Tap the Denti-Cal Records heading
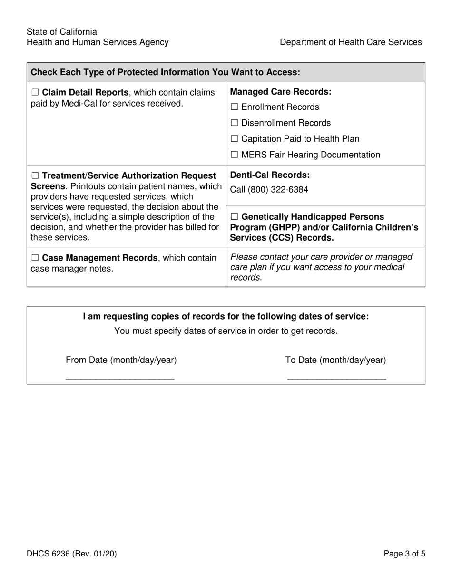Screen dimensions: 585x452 pos(270,175)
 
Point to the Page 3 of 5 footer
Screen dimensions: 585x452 pos(404,553)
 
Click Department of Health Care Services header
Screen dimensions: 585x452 pos(351,42)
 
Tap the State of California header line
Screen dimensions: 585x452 pos(62,32)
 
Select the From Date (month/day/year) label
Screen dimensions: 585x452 pos(121,360)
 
